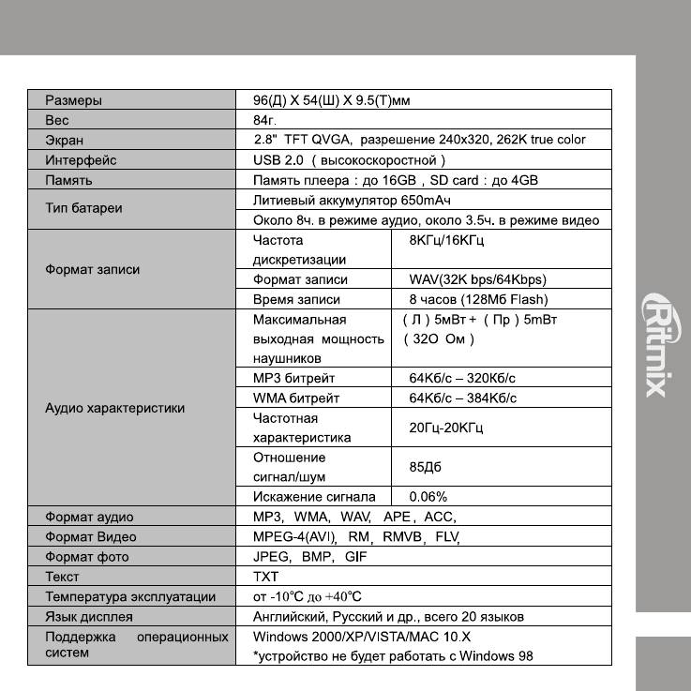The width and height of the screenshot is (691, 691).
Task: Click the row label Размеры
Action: coord(74,99)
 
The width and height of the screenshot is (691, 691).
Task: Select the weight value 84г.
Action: coord(266,120)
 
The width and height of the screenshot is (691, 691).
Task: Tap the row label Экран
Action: coord(64,140)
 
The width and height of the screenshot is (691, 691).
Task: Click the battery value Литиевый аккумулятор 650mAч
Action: coord(353,200)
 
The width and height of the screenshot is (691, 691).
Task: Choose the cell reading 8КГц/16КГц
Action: coord(446,240)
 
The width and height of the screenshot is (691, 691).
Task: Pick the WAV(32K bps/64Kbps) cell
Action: coord(477,279)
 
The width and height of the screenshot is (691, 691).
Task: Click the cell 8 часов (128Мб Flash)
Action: coord(478,299)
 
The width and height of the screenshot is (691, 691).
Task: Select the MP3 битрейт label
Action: coord(294,378)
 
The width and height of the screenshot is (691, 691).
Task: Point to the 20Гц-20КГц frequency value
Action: coord(446,428)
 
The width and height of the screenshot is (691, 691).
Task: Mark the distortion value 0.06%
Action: coord(428,497)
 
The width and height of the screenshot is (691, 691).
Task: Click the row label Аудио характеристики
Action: coord(115,408)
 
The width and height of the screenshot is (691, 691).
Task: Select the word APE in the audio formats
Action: coord(397,517)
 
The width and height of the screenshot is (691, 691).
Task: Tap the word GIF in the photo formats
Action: coord(356,557)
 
